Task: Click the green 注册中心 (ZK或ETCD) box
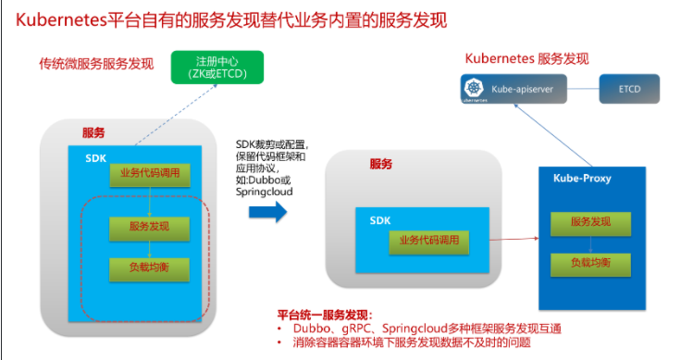point(217,68)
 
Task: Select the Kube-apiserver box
point(514,89)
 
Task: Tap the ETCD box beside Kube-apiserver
point(629,89)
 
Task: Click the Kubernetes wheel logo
point(474,87)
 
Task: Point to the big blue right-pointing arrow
point(268,212)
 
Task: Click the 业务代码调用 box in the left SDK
point(150,175)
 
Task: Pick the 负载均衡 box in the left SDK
point(149,269)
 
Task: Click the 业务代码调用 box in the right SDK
point(429,242)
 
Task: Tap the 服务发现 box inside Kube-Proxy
point(590,224)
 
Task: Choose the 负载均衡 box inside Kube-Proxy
point(590,265)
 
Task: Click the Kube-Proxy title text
point(582,178)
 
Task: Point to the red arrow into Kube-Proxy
point(514,239)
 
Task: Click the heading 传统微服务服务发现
point(96,64)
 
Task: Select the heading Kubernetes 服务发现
point(526,58)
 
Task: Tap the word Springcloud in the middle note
point(264,192)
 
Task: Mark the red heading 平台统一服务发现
point(325,315)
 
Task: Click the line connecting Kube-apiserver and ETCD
point(583,89)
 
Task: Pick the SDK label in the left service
point(95,158)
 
